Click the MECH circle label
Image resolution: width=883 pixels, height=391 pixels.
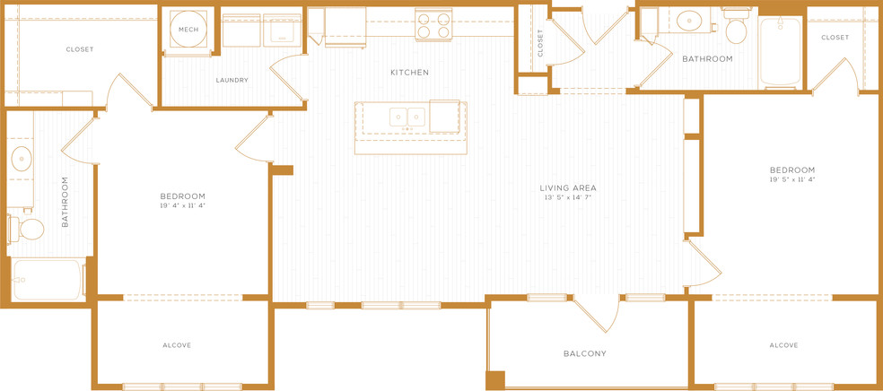188,30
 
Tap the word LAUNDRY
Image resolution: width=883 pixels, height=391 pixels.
232,81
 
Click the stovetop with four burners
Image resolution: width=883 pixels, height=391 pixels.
433,24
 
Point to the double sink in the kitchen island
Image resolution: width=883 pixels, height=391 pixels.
407,117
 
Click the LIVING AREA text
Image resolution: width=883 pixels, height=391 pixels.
568,188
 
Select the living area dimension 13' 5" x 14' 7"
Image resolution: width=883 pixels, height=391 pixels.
568,197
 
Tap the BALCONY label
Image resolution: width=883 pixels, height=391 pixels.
585,354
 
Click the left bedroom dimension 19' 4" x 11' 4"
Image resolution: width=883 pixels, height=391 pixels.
182,205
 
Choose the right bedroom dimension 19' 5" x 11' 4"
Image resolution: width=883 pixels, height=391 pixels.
792,179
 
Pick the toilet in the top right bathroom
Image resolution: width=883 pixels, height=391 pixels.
736,26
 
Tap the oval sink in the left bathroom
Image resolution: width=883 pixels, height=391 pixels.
22,158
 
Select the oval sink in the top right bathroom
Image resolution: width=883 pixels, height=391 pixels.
687,22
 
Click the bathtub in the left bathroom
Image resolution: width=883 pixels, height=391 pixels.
48,280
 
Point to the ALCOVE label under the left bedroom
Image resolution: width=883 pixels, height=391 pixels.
177,345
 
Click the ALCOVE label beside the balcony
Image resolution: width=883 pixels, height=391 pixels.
783,345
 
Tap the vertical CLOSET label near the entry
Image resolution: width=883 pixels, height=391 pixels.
540,43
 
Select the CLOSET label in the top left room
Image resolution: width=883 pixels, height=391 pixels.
79,49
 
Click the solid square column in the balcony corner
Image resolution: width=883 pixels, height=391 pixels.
495,379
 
